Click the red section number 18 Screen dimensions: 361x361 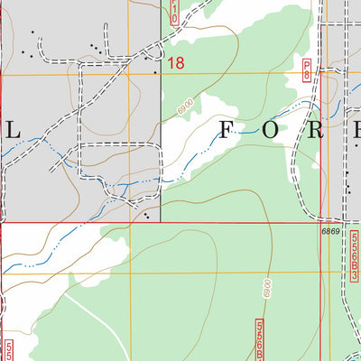point(175,63)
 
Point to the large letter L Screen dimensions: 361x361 point(13,130)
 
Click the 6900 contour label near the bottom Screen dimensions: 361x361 point(268,292)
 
